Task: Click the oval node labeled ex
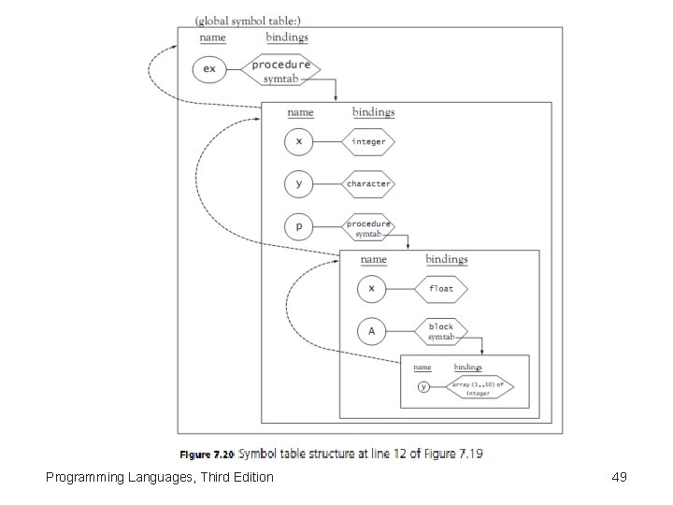pos(209,68)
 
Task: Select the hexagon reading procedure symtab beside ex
pos(280,69)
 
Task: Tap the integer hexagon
pos(367,142)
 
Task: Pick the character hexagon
pos(367,184)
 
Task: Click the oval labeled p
pos(299,226)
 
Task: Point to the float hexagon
pos(440,289)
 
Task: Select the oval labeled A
pos(371,331)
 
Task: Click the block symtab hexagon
pos(441,331)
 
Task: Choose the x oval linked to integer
pos(299,142)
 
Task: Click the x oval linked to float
pos(371,289)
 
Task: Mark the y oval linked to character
pos(299,184)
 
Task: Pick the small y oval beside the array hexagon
pos(423,387)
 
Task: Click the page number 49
pos(618,478)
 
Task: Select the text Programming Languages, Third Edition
pos(160,478)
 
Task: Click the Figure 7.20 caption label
pos(206,454)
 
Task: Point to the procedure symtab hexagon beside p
pos(367,227)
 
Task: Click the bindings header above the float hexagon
pos(447,259)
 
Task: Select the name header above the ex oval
pos(212,37)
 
